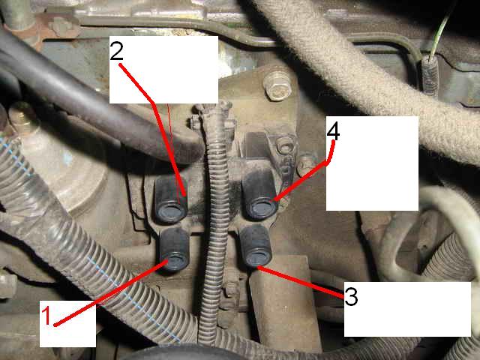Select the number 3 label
pyautogui.click(x=351, y=296)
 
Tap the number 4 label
pyautogui.click(x=333, y=132)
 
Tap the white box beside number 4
pyautogui.click(x=372, y=163)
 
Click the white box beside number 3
pyautogui.click(x=407, y=309)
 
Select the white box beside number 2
pyautogui.click(x=163, y=70)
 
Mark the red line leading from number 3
pyautogui.click(x=301, y=282)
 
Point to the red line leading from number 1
pyautogui.click(x=111, y=292)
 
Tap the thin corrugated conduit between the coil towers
pyautogui.click(x=216, y=214)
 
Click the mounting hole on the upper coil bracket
pyautogui.click(x=285, y=143)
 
